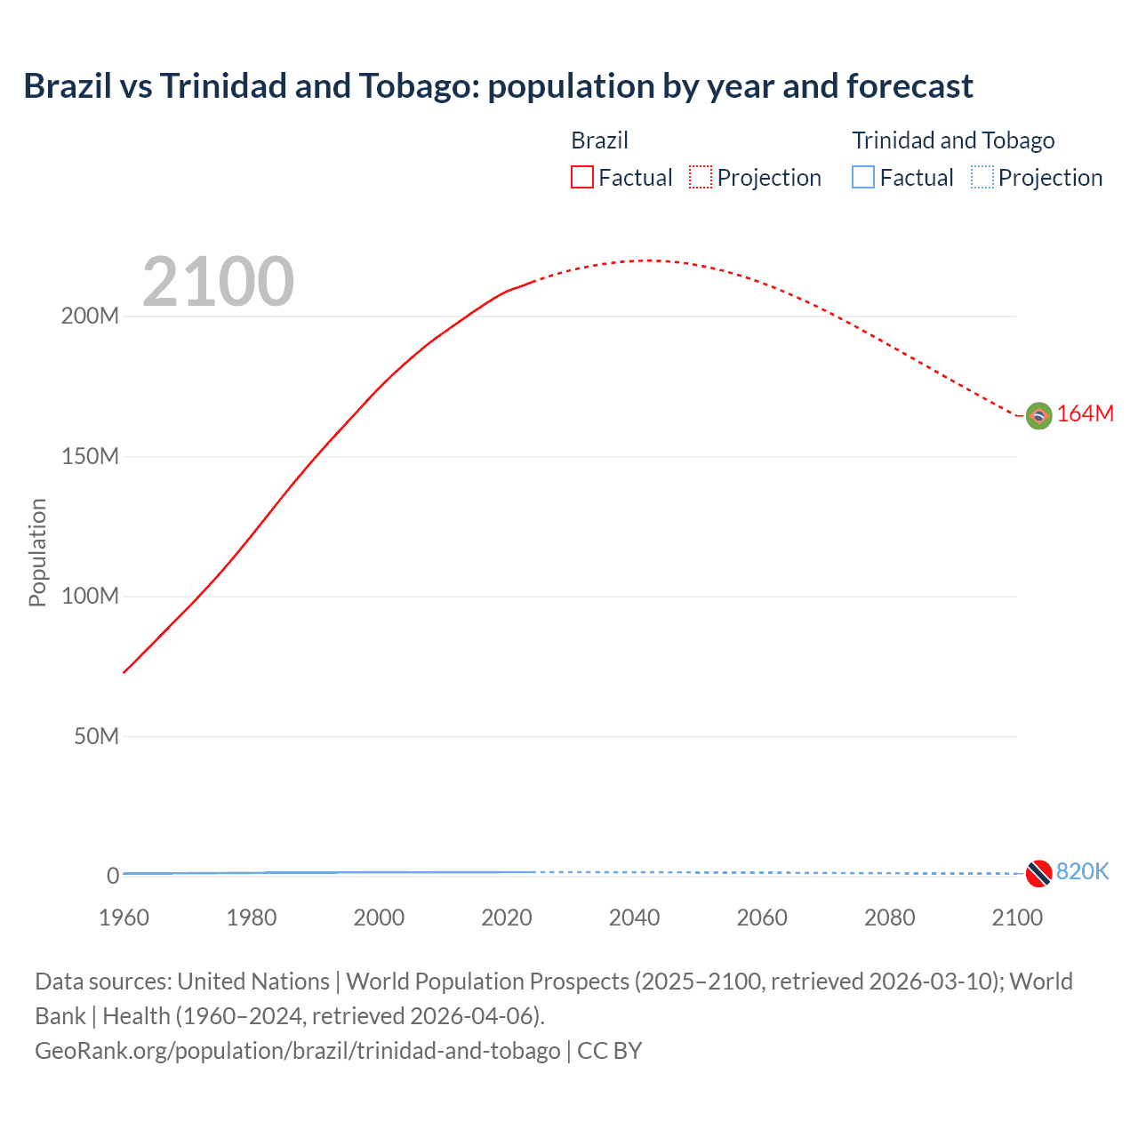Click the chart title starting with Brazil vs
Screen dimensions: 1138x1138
pos(498,86)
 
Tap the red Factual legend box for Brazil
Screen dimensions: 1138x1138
pos(581,177)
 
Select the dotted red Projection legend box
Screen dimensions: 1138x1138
pos(701,177)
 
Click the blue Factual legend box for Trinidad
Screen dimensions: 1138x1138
pos(863,177)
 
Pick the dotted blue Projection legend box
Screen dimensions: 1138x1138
pos(982,177)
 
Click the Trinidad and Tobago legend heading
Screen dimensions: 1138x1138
pos(953,140)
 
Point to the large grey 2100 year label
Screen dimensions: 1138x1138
pos(218,282)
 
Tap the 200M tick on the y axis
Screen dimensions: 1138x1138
pos(90,317)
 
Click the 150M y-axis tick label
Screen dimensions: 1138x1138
pos(90,456)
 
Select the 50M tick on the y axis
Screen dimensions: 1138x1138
pos(96,736)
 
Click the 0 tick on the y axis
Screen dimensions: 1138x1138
pos(113,876)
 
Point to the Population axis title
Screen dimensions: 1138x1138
pos(37,552)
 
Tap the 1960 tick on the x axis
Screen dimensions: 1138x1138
pos(124,918)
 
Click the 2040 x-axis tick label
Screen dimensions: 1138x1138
pos(634,918)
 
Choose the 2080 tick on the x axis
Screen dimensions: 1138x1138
pos(889,918)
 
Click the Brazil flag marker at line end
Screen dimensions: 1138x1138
pos(1038,415)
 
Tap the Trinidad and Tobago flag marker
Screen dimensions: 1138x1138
pos(1038,873)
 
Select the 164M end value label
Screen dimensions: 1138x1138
pos(1085,414)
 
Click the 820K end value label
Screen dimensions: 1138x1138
pos(1082,872)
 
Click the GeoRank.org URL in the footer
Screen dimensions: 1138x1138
pos(298,1051)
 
